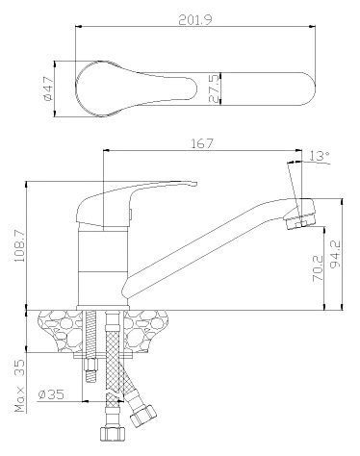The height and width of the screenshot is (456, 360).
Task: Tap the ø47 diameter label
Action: pos(48,89)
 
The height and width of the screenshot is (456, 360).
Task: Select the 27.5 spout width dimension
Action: pos(215,89)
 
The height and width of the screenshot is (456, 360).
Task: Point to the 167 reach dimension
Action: pos(202,143)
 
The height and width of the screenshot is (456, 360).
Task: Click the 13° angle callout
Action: pos(320,156)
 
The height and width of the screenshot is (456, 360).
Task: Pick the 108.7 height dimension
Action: pos(20,245)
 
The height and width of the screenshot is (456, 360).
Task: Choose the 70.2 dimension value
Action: pos(318,268)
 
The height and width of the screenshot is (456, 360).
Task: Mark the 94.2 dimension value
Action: pos(336,254)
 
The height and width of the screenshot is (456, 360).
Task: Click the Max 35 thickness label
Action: pos(19,386)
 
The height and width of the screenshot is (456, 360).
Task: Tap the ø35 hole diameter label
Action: pos(51,394)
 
